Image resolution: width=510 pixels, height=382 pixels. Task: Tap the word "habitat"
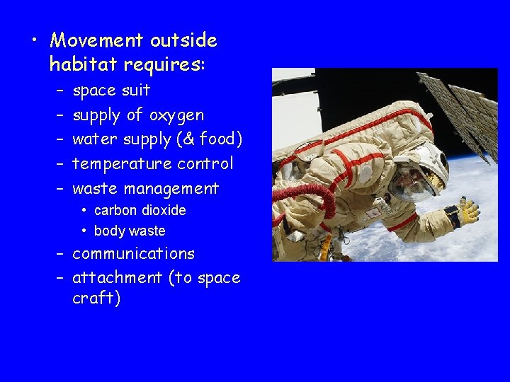coord(84,65)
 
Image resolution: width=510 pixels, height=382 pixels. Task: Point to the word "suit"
coord(136,90)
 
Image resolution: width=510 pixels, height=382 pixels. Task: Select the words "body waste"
coord(130,231)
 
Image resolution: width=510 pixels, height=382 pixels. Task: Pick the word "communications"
coord(133,253)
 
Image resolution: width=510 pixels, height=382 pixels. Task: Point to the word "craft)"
coord(96,298)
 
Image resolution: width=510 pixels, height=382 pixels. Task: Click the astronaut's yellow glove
coord(467,211)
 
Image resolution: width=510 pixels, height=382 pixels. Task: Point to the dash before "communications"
coord(60,253)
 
